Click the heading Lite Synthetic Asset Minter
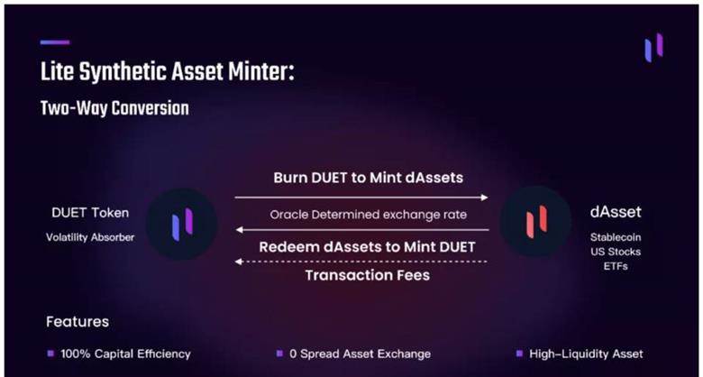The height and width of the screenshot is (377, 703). coord(168,73)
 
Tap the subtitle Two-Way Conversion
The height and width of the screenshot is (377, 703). coord(114,108)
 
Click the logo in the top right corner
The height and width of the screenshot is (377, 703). coord(653,48)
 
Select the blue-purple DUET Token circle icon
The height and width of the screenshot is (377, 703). coord(182,224)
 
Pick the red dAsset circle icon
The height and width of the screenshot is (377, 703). coord(536,221)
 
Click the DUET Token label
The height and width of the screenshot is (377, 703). coord(90,213)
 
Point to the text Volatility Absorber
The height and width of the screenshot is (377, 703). coord(90,237)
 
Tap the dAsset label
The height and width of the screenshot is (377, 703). coord(616,212)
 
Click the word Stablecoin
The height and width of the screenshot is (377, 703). coord(616,237)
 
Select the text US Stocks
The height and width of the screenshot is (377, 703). coord(616,252)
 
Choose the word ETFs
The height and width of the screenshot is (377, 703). coord(616,266)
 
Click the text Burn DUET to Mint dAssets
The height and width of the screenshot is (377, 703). coord(368,179)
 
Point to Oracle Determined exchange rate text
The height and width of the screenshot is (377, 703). coord(368,215)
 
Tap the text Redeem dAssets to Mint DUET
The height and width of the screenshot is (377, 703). coord(367,247)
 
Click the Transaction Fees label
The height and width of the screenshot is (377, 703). coord(368,275)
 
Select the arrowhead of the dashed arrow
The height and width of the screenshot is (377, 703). coord(239,262)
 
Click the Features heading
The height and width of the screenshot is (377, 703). coord(78,322)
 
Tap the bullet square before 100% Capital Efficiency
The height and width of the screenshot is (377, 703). coord(50,354)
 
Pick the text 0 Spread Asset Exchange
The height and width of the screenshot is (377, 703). coord(360,354)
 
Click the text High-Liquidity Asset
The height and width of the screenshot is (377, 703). coord(586,354)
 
